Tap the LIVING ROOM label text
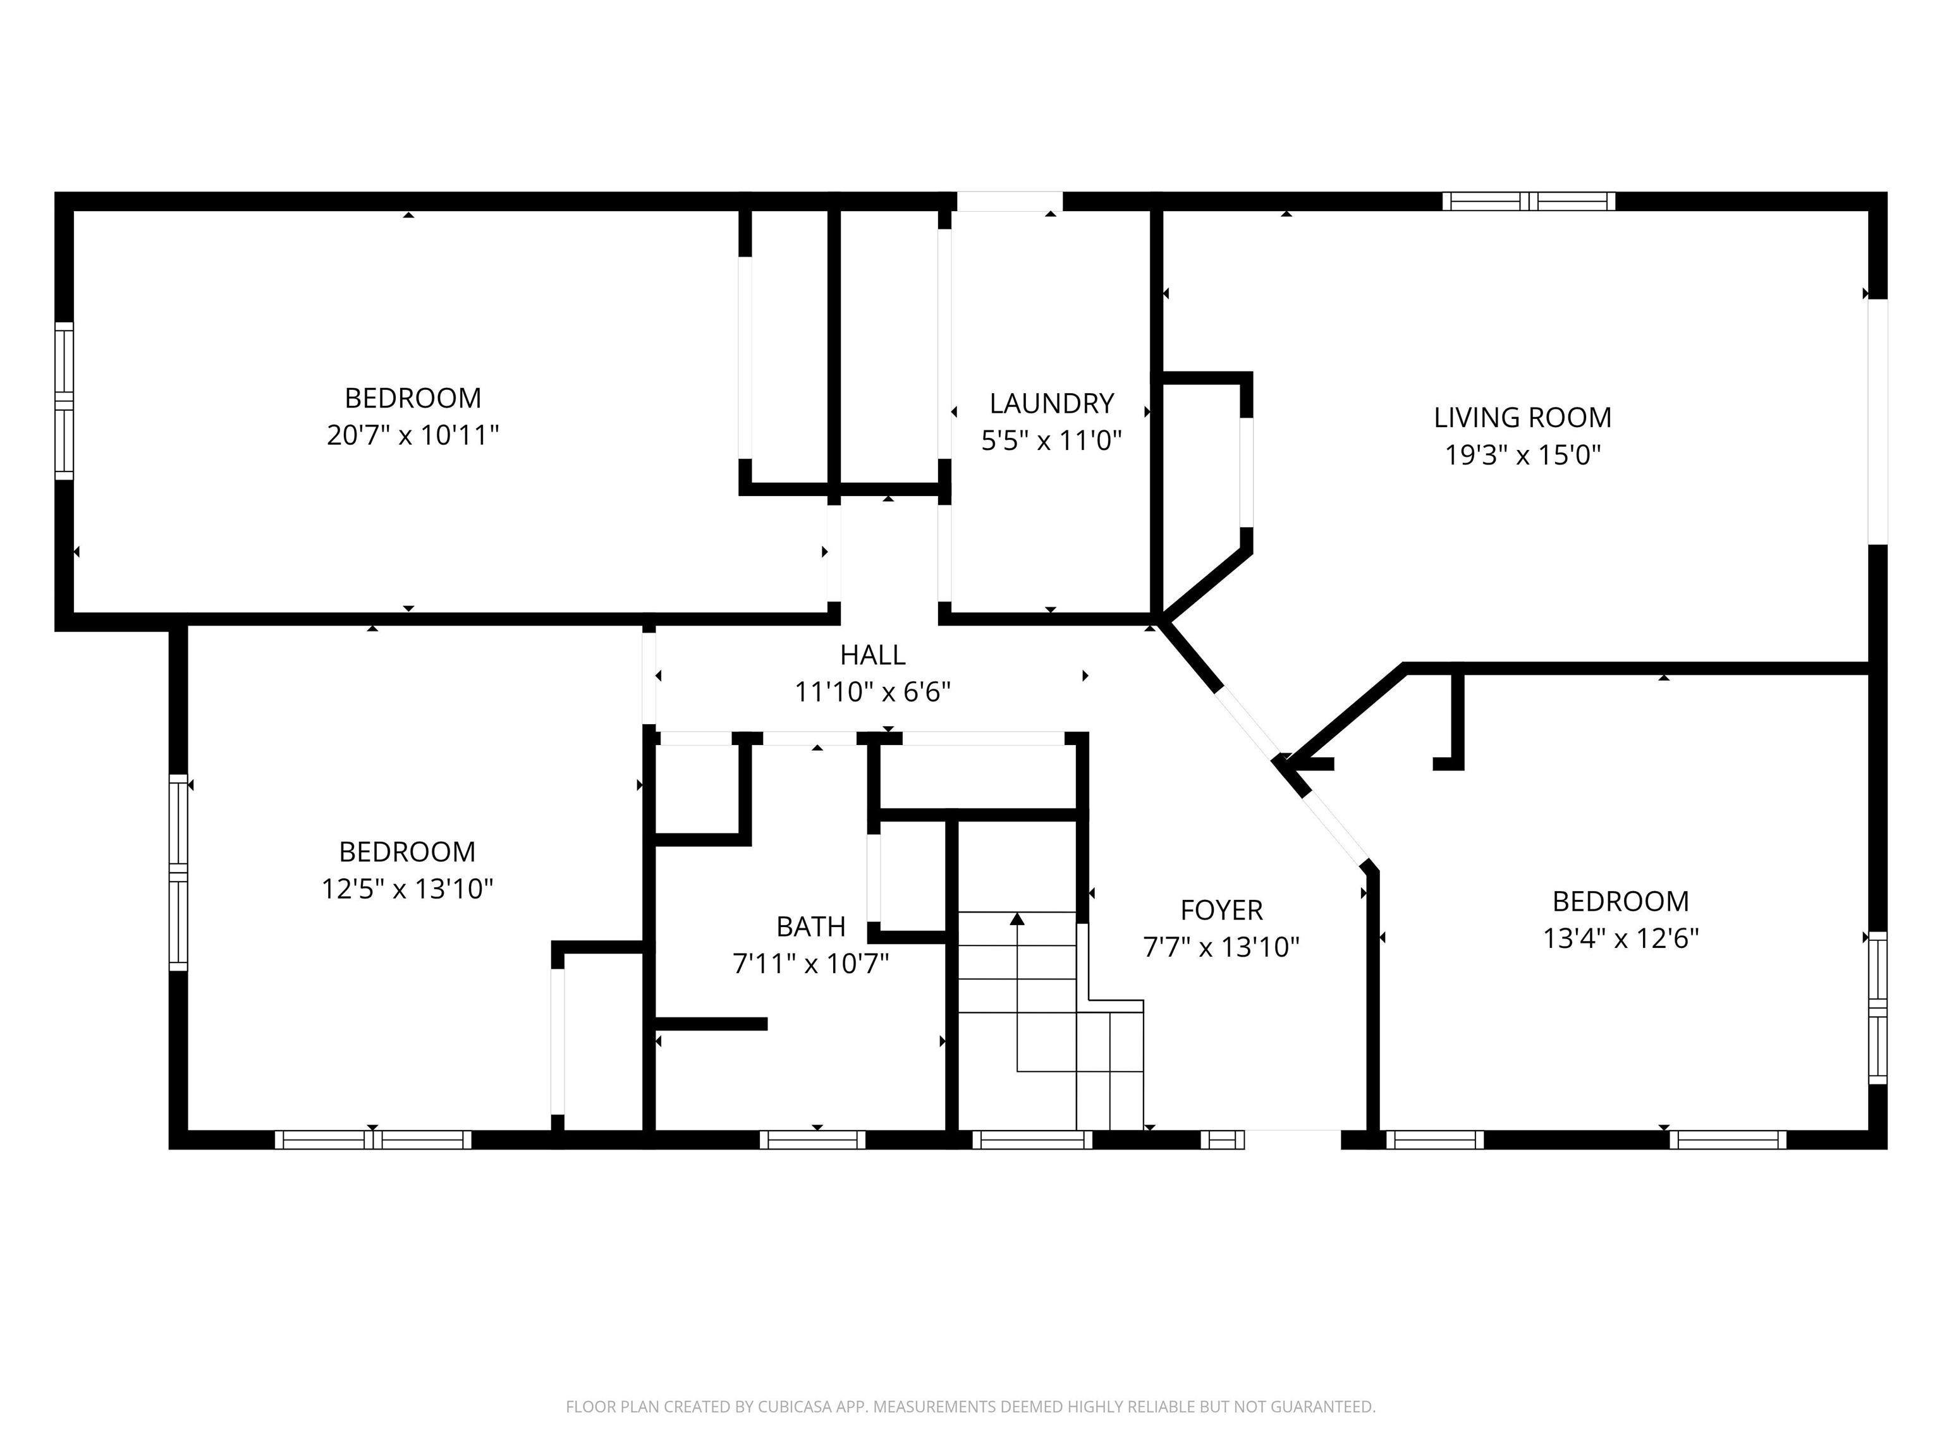tap(1522, 418)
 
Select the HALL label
tap(872, 655)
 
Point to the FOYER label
tap(1221, 910)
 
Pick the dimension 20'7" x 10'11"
tap(413, 435)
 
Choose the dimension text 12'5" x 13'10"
tap(407, 889)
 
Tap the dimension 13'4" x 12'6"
tap(1621, 938)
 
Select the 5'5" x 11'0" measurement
tap(1052, 440)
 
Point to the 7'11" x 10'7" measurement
tap(810, 964)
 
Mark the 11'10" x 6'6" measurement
tap(872, 693)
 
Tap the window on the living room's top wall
tap(1529, 201)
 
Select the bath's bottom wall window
tap(812, 1139)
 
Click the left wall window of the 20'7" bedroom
tap(64, 400)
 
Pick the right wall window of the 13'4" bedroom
tap(1877, 1009)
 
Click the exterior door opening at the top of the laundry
tap(1010, 201)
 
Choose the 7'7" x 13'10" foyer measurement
tap(1221, 948)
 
